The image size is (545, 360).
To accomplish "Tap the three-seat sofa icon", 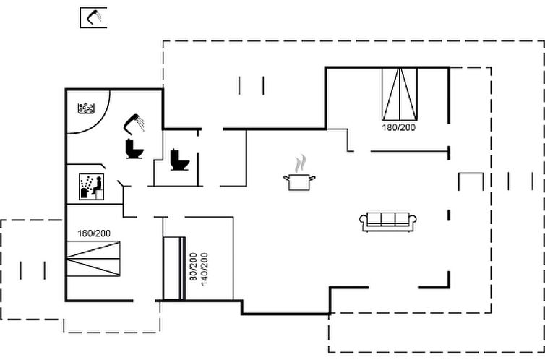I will [x=389, y=221].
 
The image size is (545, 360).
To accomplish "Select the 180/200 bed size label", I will [x=400, y=127].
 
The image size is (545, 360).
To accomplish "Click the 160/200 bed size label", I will [x=95, y=233].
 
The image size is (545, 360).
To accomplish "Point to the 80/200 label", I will [x=192, y=267].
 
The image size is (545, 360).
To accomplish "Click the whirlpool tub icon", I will [x=87, y=109].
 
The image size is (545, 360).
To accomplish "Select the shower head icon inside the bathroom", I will [x=134, y=123].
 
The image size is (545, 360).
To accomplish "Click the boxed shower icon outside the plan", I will [x=93, y=17].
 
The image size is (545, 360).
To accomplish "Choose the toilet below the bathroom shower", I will [x=134, y=149].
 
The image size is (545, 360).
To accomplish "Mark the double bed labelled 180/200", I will [x=400, y=94].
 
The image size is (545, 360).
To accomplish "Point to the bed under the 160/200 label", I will [x=94, y=256].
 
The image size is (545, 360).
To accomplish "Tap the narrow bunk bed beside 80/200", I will [x=174, y=267].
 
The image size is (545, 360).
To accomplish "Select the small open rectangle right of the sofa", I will [x=471, y=182].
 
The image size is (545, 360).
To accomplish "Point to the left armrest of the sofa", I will [x=364, y=223].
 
